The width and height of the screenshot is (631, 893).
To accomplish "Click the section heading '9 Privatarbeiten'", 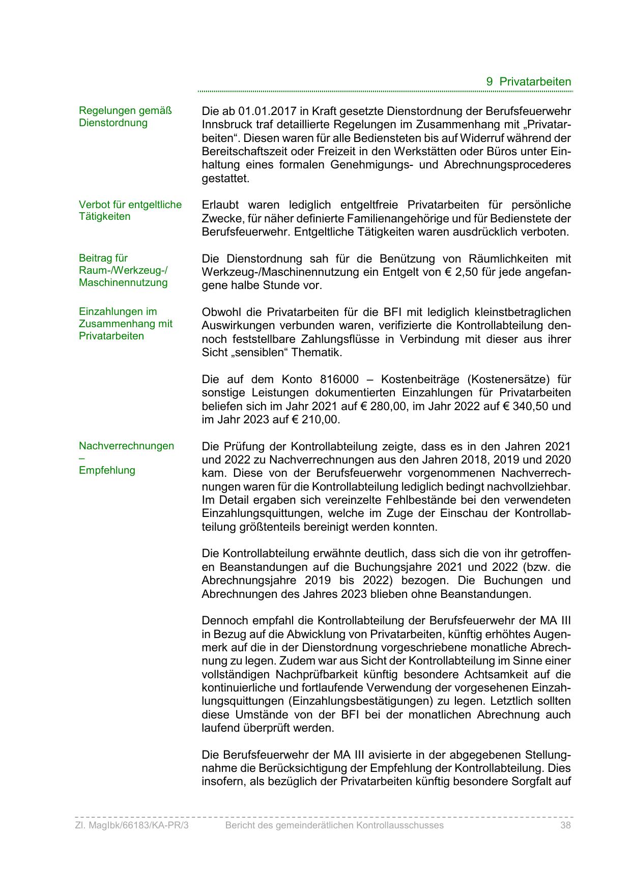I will click(x=529, y=81).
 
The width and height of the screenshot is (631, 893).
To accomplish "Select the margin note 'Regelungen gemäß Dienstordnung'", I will click(x=125, y=117).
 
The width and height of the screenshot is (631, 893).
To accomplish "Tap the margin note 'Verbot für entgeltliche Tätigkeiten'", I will click(x=130, y=211).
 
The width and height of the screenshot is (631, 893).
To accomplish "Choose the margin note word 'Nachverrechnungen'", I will click(x=126, y=446).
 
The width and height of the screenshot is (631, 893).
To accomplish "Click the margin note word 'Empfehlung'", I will click(x=107, y=470).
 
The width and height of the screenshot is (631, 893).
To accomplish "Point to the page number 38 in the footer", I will click(x=565, y=825).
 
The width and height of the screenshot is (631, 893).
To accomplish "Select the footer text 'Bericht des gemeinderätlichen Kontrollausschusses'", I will click(x=334, y=825).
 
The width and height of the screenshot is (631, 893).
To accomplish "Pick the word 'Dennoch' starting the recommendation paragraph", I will click(x=222, y=621).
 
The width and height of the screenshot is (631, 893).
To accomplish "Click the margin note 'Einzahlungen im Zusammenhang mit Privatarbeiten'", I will click(x=125, y=324).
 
